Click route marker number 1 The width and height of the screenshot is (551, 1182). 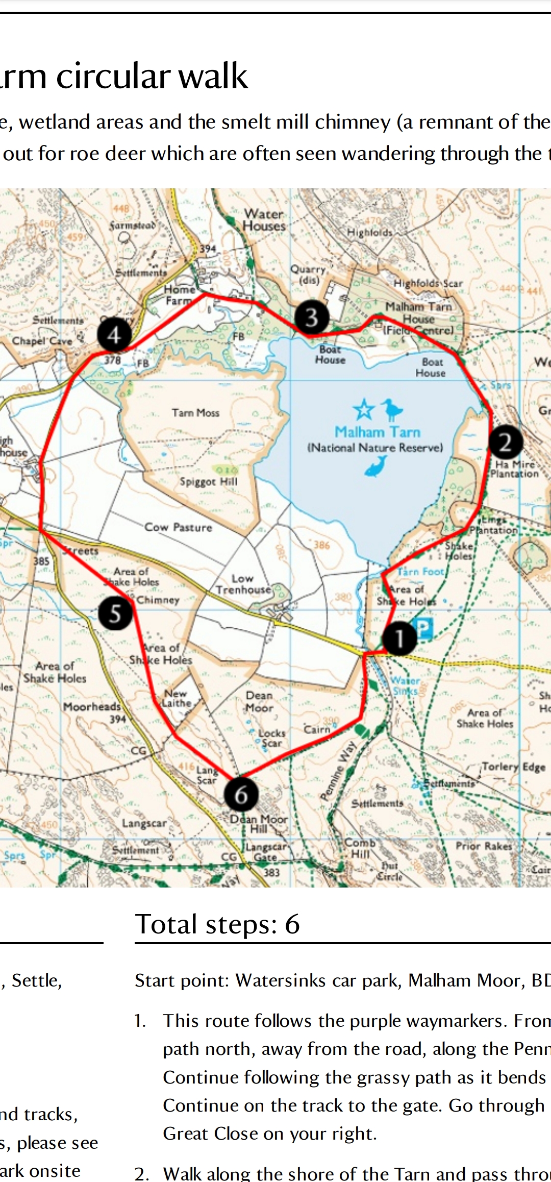399,638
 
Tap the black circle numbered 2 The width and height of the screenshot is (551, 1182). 505,442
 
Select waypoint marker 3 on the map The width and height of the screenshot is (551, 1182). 312,317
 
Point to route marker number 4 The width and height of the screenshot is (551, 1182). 114,335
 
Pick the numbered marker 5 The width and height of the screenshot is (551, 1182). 115,613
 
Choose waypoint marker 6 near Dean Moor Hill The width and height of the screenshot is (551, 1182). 241,795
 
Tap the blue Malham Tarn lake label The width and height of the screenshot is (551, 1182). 378,432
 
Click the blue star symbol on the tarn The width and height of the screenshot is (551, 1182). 363,409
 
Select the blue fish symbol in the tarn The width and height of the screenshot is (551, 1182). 376,465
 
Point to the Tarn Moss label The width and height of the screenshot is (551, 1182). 195,412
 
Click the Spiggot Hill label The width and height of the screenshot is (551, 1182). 208,481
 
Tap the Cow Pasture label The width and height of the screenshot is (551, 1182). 178,527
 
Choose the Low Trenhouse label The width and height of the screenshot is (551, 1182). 243,584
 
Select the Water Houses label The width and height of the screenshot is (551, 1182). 264,220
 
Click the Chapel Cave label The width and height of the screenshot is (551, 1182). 42,340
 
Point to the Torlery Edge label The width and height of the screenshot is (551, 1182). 514,767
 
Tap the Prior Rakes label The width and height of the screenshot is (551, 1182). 484,846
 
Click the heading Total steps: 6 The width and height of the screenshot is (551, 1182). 217,924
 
